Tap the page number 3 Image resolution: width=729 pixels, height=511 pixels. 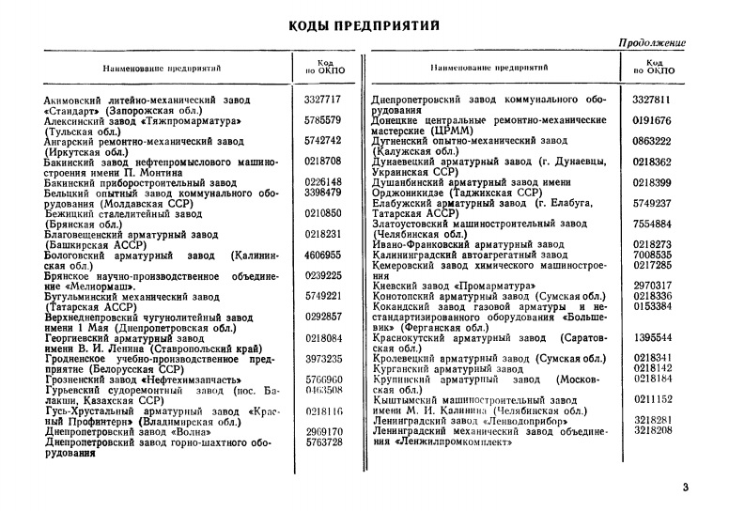685,486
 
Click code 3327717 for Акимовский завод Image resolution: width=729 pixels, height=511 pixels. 322,99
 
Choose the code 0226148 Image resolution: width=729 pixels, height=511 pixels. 322,182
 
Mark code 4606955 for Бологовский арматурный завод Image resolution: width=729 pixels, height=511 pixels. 322,255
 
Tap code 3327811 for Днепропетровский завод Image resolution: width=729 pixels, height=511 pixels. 652,99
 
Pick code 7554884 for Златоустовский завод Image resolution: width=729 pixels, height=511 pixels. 652,225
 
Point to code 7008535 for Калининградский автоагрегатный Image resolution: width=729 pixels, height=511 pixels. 652,255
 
